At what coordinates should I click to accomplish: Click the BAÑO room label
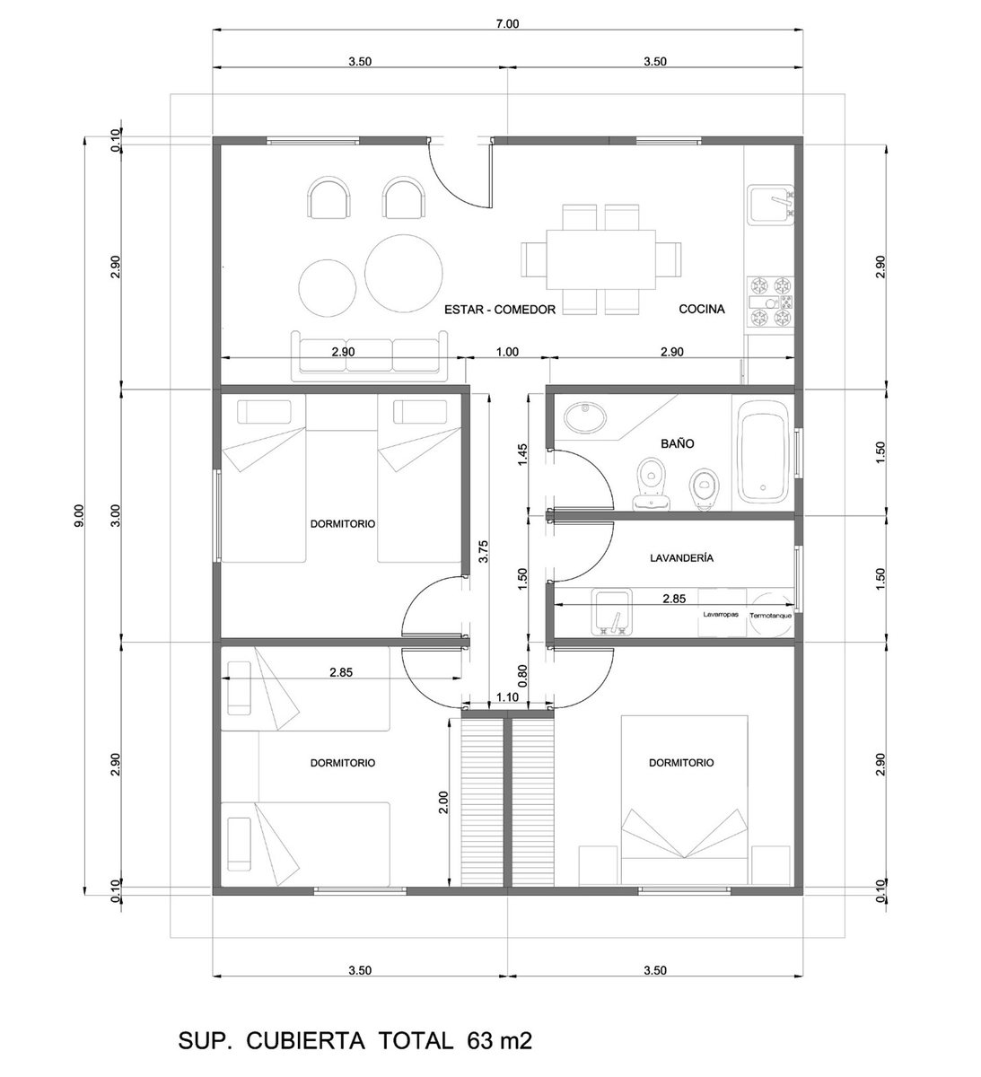[677, 443]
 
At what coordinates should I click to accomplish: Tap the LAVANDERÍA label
[681, 558]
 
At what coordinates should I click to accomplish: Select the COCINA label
[702, 309]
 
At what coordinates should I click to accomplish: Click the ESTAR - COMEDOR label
[500, 310]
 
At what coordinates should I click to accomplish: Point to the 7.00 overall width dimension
[507, 23]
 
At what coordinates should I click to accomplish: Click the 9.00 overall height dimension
[79, 515]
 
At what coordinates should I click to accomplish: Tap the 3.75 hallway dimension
[483, 551]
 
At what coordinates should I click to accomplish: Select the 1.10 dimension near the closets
[507, 696]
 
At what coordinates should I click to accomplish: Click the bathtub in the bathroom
[763, 452]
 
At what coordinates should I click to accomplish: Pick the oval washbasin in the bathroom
[584, 417]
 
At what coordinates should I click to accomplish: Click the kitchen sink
[772, 206]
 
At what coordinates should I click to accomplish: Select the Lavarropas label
[721, 614]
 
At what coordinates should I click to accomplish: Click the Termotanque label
[770, 616]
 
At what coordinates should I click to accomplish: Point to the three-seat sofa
[370, 355]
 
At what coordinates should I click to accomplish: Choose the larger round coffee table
[404, 272]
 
